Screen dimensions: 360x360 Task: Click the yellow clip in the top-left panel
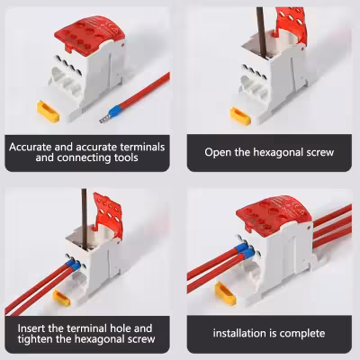[48, 112]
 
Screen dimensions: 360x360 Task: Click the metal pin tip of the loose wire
[104, 119]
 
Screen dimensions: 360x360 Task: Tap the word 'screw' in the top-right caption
[320, 152]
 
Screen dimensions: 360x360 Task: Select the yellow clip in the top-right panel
[240, 116]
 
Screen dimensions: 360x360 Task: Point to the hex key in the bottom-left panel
[85, 219]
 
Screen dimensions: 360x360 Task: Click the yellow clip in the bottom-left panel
[61, 298]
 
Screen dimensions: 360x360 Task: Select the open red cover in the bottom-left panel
[107, 213]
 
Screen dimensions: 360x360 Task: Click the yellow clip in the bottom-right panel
[226, 293]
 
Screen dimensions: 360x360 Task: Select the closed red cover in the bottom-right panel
[274, 214]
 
